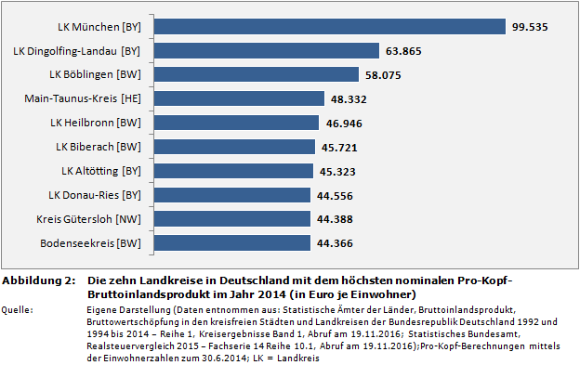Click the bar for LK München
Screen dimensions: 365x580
point(325,26)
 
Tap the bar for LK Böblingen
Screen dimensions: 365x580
point(252,74)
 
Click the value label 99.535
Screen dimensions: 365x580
point(530,27)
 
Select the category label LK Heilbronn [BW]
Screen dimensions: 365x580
point(95,123)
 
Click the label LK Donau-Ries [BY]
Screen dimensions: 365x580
point(94,195)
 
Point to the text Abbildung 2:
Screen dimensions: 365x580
point(38,281)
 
